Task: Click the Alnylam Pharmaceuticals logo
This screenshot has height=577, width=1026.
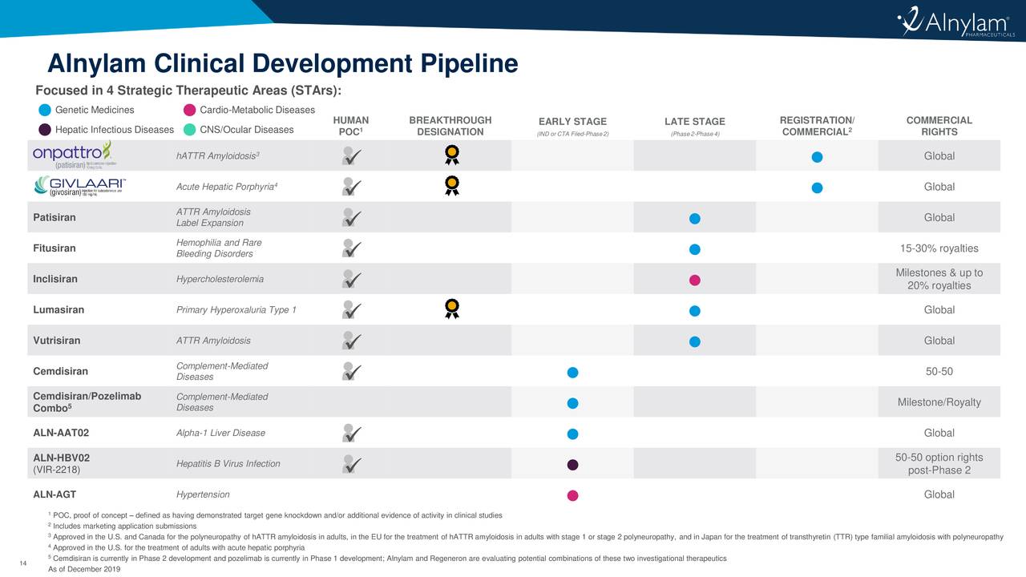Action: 955,26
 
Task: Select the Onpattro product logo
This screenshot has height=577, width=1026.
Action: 73,155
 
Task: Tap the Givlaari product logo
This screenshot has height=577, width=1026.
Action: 79,186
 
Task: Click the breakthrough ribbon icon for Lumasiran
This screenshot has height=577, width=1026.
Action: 452,309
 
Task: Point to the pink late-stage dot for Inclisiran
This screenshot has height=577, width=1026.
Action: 695,280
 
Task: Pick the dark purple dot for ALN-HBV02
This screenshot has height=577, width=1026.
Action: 572,465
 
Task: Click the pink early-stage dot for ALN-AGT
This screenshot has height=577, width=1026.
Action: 572,495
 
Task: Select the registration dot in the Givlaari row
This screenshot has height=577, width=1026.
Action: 816,188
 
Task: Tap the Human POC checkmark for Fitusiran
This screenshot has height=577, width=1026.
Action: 350,248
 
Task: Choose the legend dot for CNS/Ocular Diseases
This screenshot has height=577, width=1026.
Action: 189,130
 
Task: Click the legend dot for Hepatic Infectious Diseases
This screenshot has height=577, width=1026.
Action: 45,130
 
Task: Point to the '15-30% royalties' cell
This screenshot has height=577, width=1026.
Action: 939,248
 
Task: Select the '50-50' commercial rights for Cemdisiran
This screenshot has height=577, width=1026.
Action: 939,371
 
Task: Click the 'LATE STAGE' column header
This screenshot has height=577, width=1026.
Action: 694,122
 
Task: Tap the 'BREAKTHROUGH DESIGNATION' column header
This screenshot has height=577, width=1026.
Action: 450,126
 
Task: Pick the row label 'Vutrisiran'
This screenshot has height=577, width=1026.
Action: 56,341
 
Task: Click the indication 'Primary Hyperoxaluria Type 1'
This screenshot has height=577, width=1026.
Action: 236,310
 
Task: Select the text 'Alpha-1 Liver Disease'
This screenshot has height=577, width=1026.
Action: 220,433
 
